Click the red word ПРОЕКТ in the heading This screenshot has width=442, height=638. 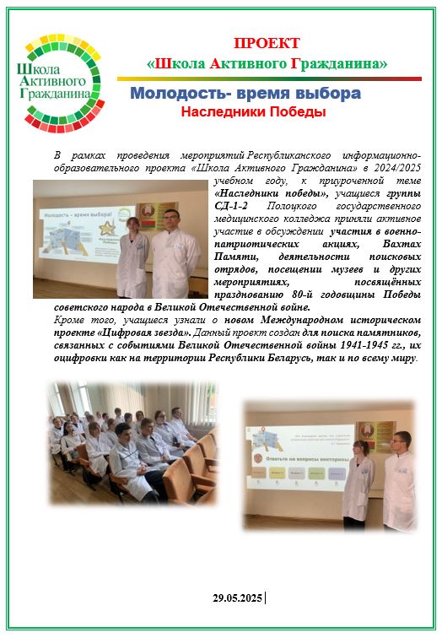pyautogui.click(x=267, y=43)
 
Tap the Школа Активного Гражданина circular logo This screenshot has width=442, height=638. pyautogui.click(x=60, y=84)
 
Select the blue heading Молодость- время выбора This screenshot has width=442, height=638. pyautogui.click(x=245, y=93)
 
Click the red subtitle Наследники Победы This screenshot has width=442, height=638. pyautogui.click(x=253, y=111)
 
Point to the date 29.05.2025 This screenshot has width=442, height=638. pyautogui.click(x=238, y=597)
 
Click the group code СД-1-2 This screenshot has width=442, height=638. pyautogui.click(x=230, y=205)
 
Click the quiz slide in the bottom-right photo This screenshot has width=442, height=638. pyautogui.click(x=298, y=457)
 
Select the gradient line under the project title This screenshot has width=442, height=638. pyautogui.click(x=269, y=79)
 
